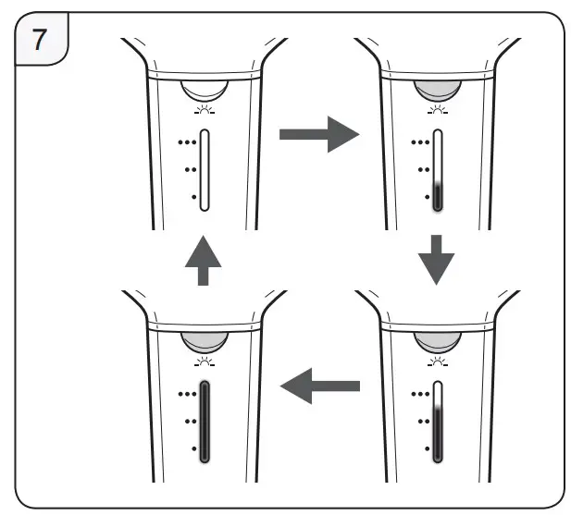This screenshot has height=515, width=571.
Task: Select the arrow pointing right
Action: (x=317, y=134)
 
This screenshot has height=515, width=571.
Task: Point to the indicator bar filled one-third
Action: (x=438, y=170)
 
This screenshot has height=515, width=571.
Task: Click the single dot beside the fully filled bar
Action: (x=192, y=448)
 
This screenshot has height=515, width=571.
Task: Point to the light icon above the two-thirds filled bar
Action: (x=435, y=361)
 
